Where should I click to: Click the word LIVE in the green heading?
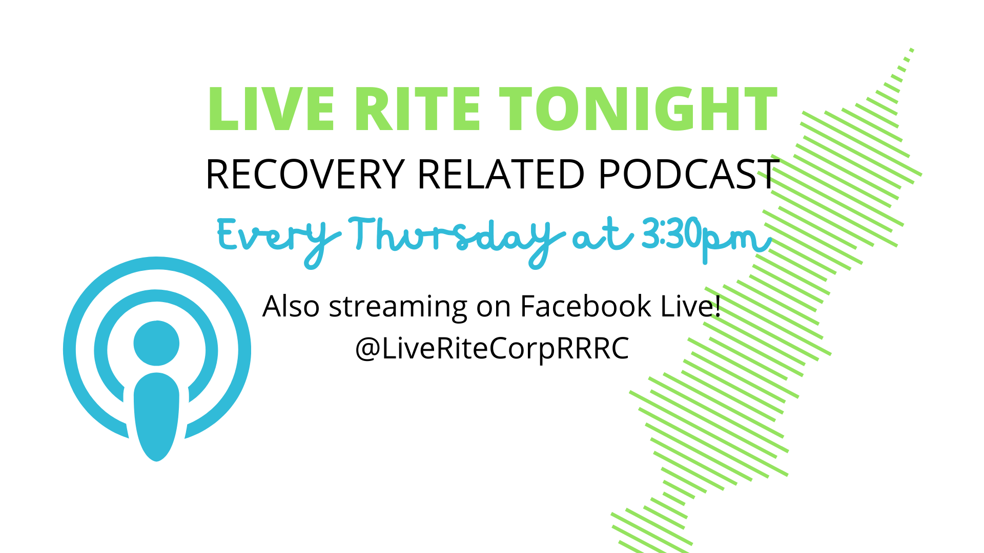click(x=271, y=109)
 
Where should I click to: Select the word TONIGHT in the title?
click(x=639, y=109)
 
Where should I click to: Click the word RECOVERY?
click(x=305, y=175)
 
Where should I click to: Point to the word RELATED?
click(x=501, y=175)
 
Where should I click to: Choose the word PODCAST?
click(x=688, y=175)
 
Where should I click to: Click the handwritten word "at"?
click(x=603, y=236)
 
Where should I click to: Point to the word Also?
click(x=291, y=306)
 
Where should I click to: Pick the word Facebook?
click(x=586, y=306)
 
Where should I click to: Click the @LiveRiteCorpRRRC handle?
click(x=492, y=349)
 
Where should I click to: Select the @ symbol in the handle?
click(x=367, y=350)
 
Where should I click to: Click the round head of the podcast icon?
click(x=156, y=343)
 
